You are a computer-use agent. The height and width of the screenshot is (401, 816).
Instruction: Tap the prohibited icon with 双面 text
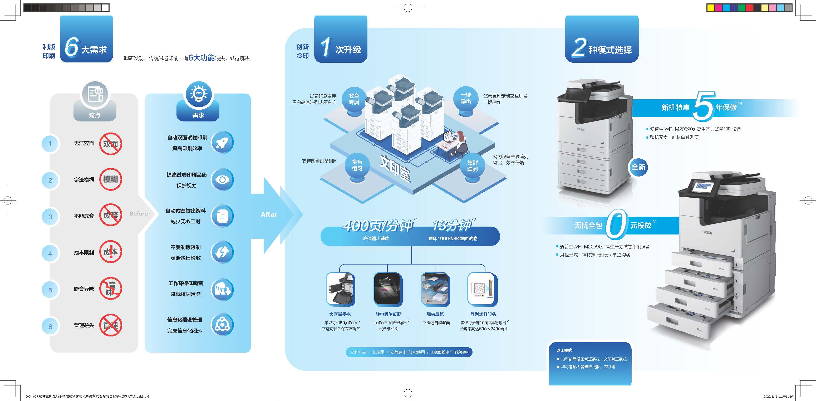point(111,144)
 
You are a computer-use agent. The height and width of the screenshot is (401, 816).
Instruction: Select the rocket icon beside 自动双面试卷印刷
point(222,143)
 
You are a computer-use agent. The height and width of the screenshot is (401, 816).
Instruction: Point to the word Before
point(139,214)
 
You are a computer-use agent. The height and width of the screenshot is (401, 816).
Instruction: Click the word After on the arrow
point(269,215)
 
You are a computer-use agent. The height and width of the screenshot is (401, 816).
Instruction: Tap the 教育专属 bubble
point(354,99)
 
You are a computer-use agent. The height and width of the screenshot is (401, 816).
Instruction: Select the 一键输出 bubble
point(466,99)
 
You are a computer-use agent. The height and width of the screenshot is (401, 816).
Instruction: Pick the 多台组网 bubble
point(357,165)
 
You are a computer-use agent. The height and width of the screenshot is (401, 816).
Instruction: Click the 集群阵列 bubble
point(472,166)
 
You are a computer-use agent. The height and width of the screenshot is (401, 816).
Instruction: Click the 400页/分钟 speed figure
point(378,226)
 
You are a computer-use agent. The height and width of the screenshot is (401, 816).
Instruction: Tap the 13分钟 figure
point(452,226)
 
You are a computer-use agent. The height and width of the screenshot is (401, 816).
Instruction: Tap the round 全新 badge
point(638,167)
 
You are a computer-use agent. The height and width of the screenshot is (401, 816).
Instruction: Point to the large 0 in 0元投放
point(616,224)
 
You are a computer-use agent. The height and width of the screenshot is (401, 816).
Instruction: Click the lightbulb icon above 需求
point(198,94)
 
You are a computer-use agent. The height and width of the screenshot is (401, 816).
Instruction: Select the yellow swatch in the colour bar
point(711,8)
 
